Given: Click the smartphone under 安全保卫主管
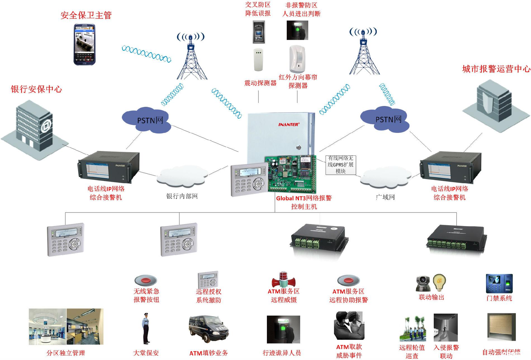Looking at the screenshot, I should click(x=84, y=44).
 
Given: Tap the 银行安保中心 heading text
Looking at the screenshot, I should click(x=36, y=89).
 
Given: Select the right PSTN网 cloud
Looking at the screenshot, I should click(x=386, y=119).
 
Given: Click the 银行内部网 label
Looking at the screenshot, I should click(x=182, y=196).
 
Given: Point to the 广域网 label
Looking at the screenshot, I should click(x=385, y=197).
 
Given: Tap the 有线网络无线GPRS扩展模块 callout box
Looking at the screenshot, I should click(x=340, y=165).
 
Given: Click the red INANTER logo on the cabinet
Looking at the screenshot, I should click(x=289, y=124).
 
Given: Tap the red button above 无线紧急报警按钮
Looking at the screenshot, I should click(x=146, y=280).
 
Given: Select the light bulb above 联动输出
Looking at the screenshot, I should click(x=439, y=283).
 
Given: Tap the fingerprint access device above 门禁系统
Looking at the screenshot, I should click(x=499, y=283).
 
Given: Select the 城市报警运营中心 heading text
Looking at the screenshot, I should click(x=496, y=69).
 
